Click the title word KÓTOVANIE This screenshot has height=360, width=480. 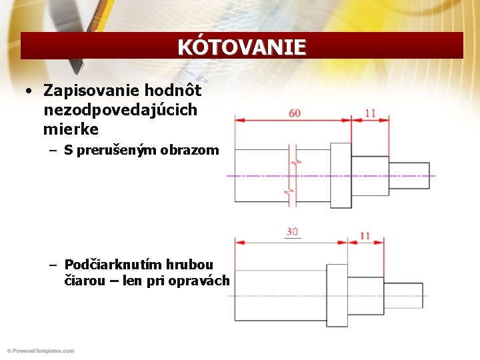241,47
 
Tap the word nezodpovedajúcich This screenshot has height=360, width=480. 121,109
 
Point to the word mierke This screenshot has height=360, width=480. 71,128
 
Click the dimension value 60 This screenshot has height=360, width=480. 294,113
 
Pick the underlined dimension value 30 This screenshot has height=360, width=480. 292,232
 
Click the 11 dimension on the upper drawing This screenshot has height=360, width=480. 370,113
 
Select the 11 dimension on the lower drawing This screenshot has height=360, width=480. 365,236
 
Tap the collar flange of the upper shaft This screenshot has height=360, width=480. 341,175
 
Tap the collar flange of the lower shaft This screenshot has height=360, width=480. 337,295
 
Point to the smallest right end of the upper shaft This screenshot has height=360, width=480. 409,175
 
